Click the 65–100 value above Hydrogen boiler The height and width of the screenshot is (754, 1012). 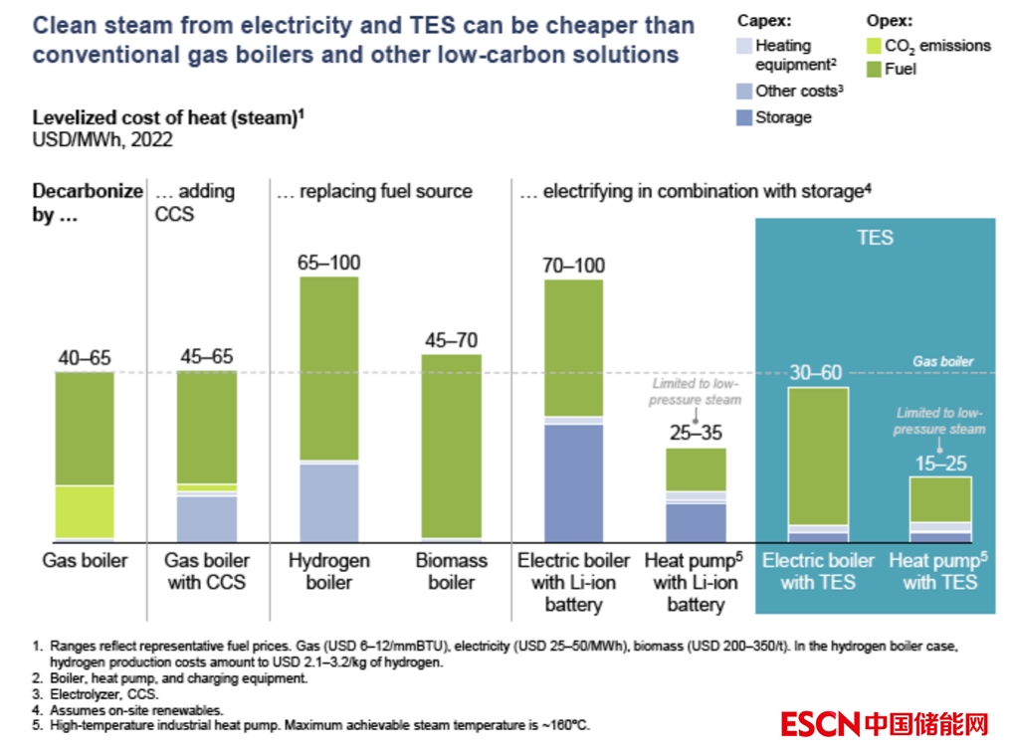(x=328, y=264)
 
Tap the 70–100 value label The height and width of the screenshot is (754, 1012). (x=573, y=266)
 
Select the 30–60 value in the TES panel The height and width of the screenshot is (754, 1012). (x=817, y=373)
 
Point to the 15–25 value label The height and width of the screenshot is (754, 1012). (x=939, y=463)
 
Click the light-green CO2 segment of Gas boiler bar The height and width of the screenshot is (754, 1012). (x=85, y=511)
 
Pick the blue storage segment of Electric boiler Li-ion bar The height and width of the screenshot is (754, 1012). (x=573, y=482)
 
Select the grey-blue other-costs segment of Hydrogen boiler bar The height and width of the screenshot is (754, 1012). (x=328, y=501)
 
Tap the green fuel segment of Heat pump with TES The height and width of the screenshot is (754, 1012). (x=939, y=498)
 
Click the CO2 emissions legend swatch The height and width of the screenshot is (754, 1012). (x=874, y=46)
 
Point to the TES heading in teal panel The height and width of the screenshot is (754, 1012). (x=875, y=238)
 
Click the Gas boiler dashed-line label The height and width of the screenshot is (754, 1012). (x=943, y=362)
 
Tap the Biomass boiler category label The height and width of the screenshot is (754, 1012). (x=452, y=571)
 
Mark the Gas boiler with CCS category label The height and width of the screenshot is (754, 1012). (x=207, y=571)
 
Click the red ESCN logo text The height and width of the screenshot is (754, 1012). (x=820, y=723)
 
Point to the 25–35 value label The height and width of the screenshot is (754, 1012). (x=696, y=434)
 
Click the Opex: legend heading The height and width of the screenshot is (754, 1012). (x=890, y=20)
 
